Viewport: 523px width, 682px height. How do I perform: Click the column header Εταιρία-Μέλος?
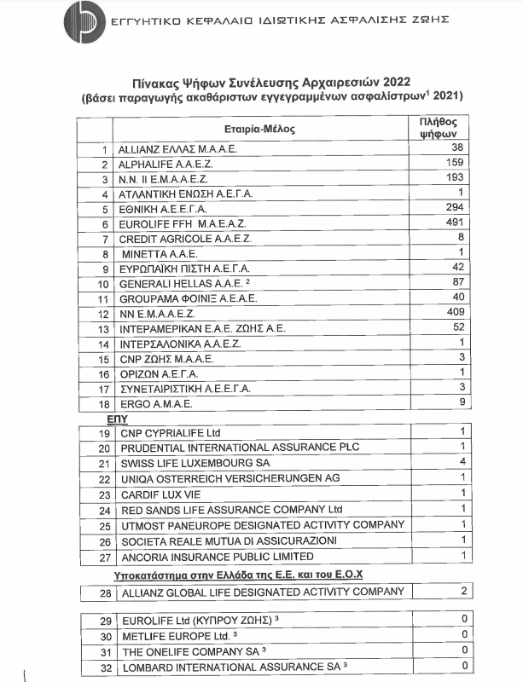pyautogui.click(x=260, y=129)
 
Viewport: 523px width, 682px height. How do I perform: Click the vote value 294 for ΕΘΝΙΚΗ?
pyautogui.click(x=452, y=208)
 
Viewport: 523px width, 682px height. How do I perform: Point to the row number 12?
pyautogui.click(x=105, y=315)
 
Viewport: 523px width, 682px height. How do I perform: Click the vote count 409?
pyautogui.click(x=452, y=314)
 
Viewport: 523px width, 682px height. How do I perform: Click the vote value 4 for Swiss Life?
pyautogui.click(x=462, y=462)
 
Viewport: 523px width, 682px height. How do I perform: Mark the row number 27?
pyautogui.click(x=105, y=557)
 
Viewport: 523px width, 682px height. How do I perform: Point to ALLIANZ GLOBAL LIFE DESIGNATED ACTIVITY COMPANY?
pyautogui.click(x=260, y=592)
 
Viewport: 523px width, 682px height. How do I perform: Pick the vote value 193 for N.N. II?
pyautogui.click(x=452, y=178)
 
